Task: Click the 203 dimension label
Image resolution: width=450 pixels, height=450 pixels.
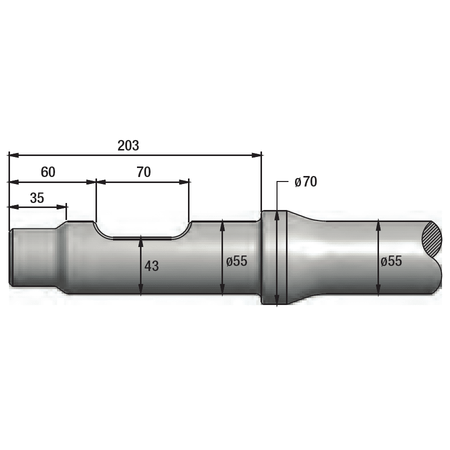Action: point(128,145)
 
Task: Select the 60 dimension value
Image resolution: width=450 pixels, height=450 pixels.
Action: point(48,172)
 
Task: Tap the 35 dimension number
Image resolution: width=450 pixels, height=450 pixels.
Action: point(37,198)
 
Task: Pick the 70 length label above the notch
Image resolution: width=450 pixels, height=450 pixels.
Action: point(143,172)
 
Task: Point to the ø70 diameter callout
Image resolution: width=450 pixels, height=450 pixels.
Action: point(305,181)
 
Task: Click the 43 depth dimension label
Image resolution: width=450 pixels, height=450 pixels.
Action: point(151,266)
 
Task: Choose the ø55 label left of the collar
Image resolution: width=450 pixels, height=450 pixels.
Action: point(237,261)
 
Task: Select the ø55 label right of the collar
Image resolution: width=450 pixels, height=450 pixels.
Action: point(391,261)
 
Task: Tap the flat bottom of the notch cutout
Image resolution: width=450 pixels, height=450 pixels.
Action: point(142,238)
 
